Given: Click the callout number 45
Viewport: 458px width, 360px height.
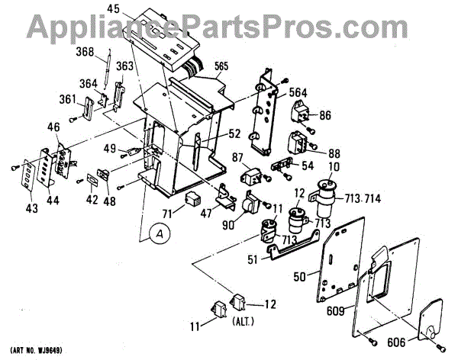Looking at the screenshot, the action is (x=113, y=9).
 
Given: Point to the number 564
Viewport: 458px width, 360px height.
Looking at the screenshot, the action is (x=299, y=92).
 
